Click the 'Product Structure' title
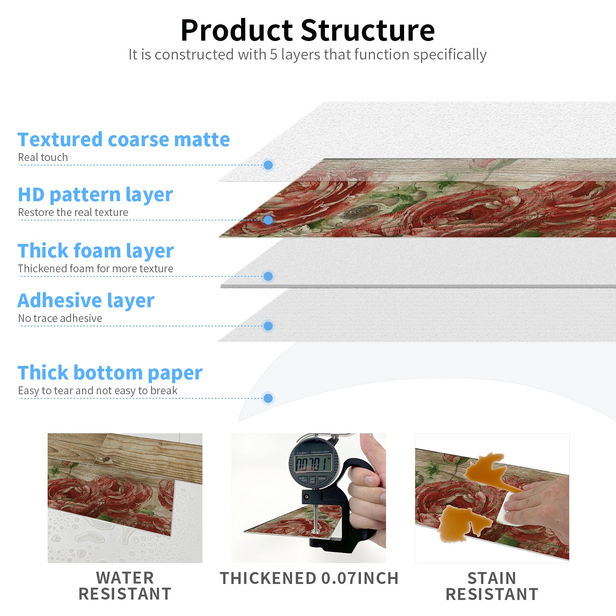click(308, 30)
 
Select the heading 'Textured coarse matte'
click(124, 140)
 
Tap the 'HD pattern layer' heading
click(95, 195)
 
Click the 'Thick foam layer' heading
click(96, 251)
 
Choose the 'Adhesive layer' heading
click(86, 301)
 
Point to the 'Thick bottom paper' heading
click(110, 373)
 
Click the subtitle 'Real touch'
click(43, 157)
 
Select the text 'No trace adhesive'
click(60, 318)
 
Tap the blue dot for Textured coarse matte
click(268, 165)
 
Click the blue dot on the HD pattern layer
click(268, 220)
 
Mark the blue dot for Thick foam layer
click(268, 276)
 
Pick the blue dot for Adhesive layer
click(268, 326)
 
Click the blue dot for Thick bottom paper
click(268, 398)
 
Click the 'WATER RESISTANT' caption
click(125, 586)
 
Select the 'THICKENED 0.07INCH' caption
click(309, 578)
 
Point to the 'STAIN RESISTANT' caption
click(492, 586)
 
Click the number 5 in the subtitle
click(274, 55)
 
